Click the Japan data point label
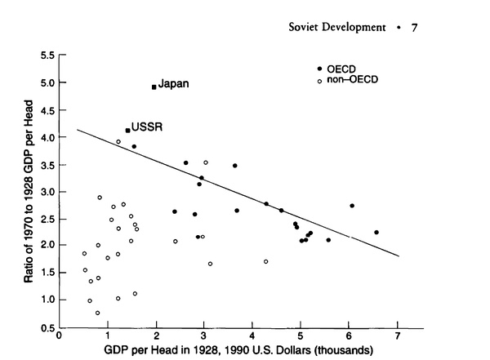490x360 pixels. [174, 84]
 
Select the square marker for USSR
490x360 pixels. [128, 130]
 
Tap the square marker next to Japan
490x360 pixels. [154, 87]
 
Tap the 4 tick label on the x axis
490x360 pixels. [252, 335]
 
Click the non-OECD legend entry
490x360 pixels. [351, 78]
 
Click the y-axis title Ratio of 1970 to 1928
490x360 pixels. [28, 191]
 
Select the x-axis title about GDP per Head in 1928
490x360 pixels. [229, 350]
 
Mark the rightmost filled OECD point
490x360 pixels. [376, 232]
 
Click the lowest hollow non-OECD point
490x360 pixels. [97, 313]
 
